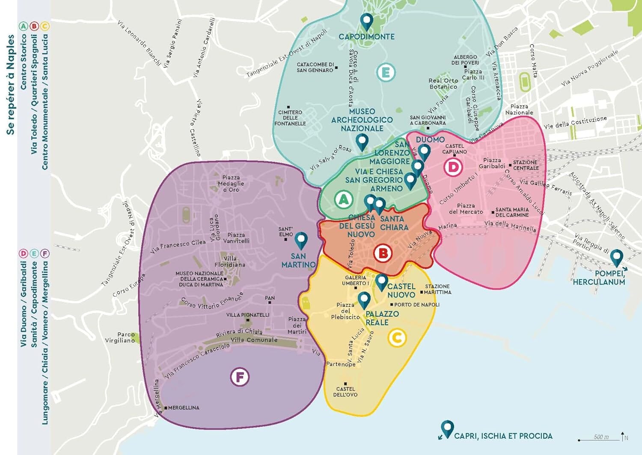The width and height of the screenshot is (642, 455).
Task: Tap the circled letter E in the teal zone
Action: [x=386, y=73]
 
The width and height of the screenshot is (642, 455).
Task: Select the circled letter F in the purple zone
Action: [x=240, y=377]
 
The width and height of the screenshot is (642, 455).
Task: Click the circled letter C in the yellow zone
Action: [x=397, y=338]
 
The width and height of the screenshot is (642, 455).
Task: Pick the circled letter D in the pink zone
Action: [x=453, y=167]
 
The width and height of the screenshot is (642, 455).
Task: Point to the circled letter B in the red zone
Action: [x=383, y=253]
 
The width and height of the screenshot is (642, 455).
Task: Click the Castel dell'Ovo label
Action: [x=345, y=392]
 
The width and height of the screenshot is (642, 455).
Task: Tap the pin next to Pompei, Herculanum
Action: [x=616, y=258]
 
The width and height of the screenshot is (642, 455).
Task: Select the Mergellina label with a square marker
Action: [x=183, y=408]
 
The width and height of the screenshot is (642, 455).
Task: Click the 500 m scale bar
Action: [x=599, y=438]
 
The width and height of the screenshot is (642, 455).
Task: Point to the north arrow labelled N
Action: [x=623, y=436]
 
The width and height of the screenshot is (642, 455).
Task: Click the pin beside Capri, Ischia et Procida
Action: [x=447, y=428]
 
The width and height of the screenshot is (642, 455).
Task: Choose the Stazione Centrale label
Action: [x=526, y=165]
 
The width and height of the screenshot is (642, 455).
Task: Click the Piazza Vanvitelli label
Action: [x=236, y=238]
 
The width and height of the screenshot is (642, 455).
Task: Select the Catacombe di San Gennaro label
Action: [x=315, y=67]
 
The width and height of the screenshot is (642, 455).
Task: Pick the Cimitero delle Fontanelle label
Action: [x=290, y=118]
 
